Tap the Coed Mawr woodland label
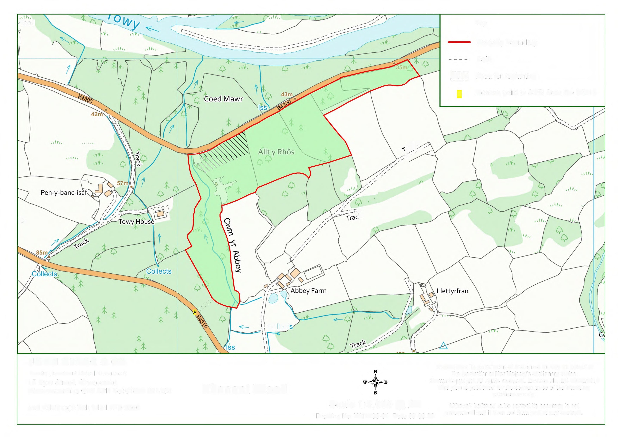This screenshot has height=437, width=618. (223, 99)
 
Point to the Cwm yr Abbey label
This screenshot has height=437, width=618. (232, 245)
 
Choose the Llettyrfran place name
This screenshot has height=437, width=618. (452, 291)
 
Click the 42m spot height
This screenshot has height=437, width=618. (97, 114)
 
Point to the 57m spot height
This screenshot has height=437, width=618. (122, 183)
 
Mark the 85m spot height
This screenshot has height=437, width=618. (42, 253)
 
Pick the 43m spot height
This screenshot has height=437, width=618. (287, 94)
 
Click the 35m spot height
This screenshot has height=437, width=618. (402, 67)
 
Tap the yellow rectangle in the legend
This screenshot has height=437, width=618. (459, 94)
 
